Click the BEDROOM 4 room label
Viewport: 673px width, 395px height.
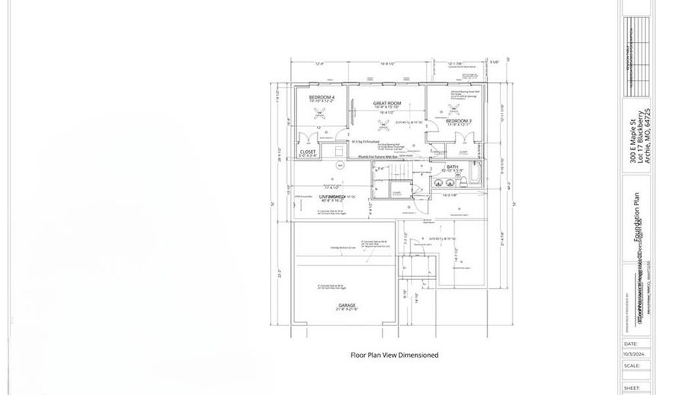click(322, 98)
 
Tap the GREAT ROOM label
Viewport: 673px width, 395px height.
click(388, 103)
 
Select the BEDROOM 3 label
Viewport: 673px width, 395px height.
click(458, 120)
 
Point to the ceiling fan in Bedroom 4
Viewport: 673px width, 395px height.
click(322, 113)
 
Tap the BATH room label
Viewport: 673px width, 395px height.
click(452, 167)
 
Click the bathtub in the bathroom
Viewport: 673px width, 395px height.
click(476, 180)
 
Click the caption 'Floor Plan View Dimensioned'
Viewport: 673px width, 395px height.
click(394, 355)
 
